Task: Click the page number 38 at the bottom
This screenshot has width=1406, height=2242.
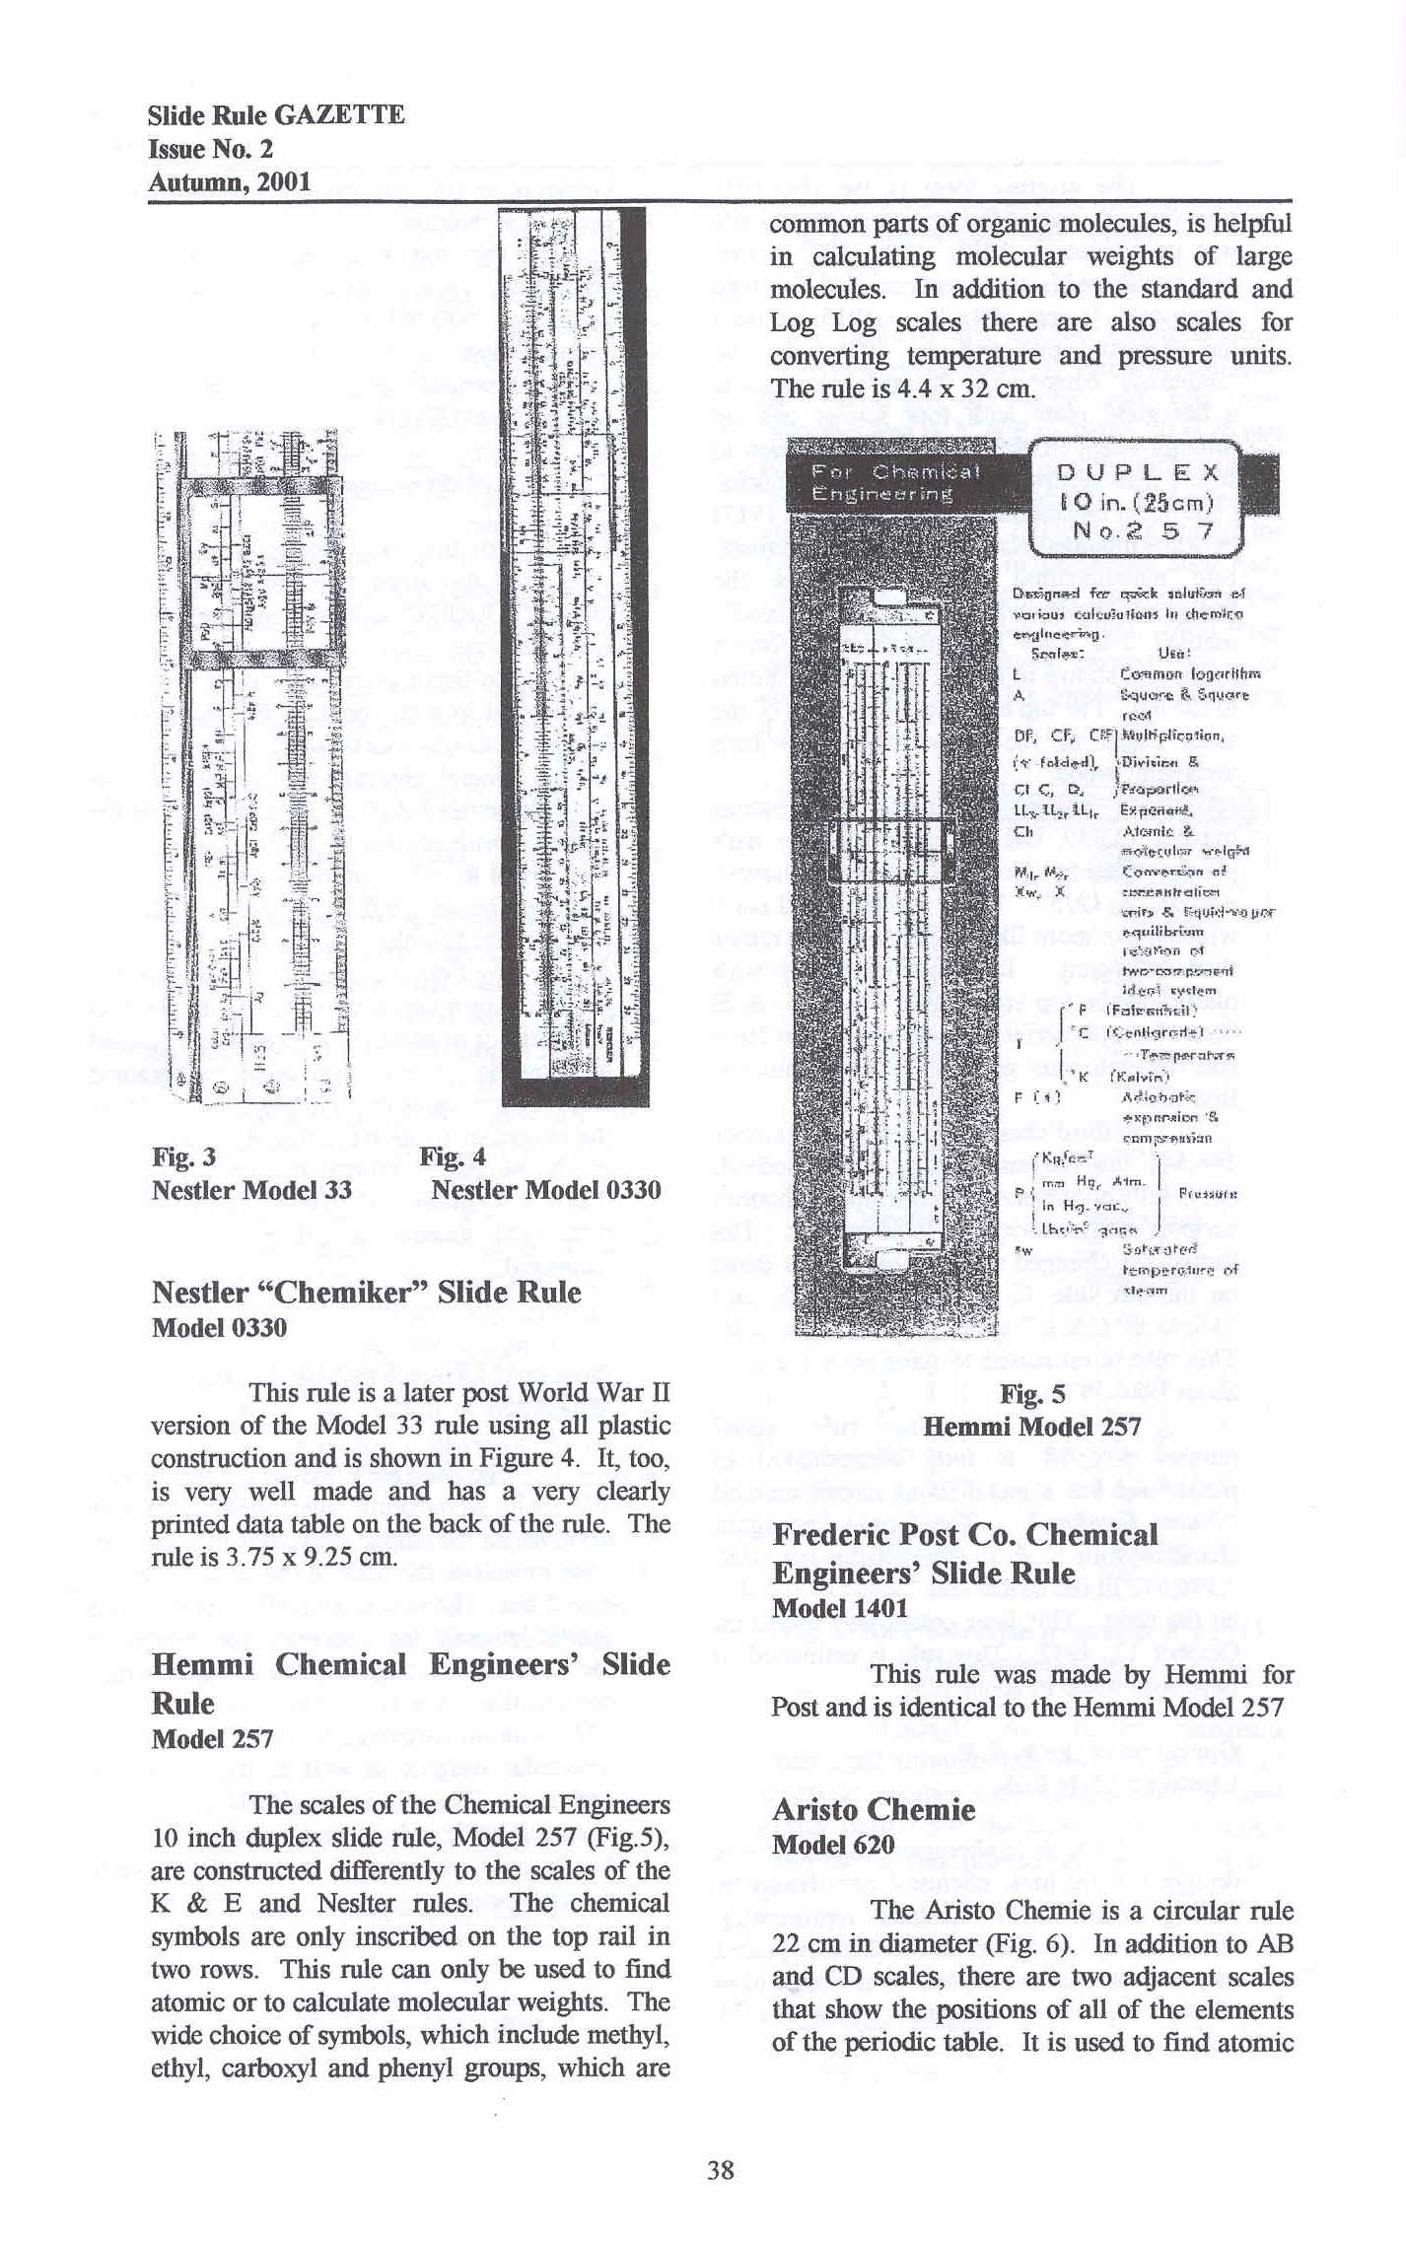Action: coord(720,2169)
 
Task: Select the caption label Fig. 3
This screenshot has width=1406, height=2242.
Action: coord(184,1156)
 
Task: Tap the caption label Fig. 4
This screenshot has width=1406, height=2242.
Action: coord(452,1156)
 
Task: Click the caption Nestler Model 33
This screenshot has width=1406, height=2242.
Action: coord(251,1189)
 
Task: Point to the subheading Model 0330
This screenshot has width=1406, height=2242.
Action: coord(219,1327)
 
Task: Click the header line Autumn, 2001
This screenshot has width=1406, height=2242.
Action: coord(229,181)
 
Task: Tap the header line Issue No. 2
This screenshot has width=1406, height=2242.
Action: coord(210,149)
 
